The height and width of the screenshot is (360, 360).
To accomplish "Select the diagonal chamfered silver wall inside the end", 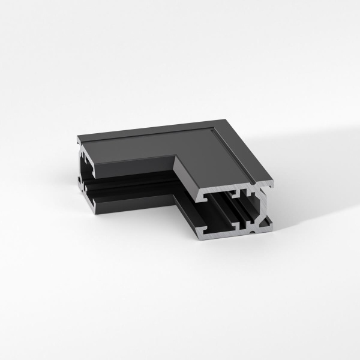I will pos(263,222).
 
